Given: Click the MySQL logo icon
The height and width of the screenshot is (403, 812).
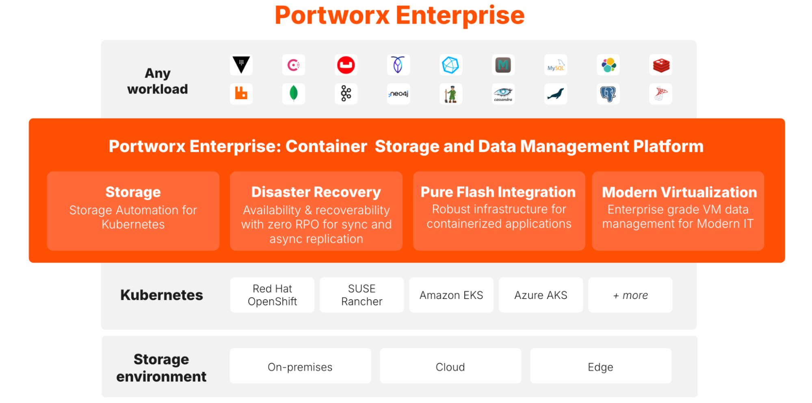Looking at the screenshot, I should pos(555,65).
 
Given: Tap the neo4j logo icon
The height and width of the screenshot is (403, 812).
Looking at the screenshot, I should pos(398,94).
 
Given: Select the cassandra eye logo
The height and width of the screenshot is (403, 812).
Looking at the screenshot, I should pos(503,94).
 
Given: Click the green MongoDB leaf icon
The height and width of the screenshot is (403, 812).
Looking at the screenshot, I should pos(293,94).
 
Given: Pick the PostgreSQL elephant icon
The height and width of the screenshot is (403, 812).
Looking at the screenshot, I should pos(608,94).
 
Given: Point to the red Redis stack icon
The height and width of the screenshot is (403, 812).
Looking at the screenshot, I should pos(660,65).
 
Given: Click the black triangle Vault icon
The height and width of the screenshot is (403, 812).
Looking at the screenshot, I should pos(241,65).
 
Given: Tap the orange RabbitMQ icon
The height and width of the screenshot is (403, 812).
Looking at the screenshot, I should pos(241,94).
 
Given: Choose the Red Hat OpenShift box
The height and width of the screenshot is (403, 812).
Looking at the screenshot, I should pos(272,295).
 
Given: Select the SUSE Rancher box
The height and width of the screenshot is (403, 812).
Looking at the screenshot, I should pos(362,295).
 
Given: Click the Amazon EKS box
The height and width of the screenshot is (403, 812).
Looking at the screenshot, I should pos(451,295).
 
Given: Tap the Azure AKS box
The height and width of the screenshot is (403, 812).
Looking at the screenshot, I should pos(541,295).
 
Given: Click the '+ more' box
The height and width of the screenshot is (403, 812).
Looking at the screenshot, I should pos(630,295).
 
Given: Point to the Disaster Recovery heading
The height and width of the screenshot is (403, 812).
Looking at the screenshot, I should pos(316,192).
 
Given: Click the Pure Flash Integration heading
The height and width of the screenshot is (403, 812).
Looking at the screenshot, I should pos(498,192).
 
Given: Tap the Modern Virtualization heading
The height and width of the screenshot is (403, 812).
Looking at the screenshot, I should pos(679,192).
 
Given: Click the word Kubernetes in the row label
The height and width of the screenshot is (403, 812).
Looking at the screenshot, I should pos(162,295).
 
